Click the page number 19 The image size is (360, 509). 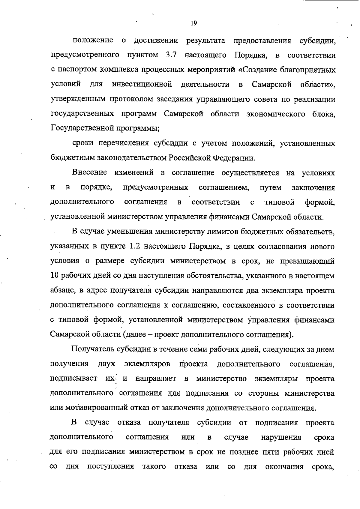click(x=193, y=23)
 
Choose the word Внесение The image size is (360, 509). click(x=89, y=173)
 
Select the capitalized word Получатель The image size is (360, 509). click(x=92, y=349)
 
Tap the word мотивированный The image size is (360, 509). click(x=95, y=408)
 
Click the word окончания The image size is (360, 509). click(x=284, y=467)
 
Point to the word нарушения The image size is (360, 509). click(x=281, y=438)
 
